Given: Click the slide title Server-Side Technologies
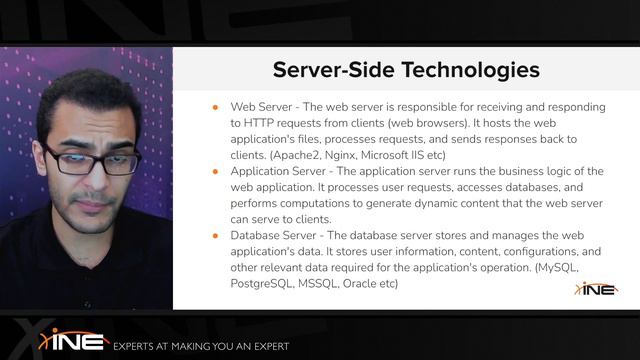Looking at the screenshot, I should click(406, 70).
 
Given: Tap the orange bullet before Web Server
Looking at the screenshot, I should click(216, 107).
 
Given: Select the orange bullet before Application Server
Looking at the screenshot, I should click(216, 171).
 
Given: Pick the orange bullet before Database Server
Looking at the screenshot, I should click(216, 235).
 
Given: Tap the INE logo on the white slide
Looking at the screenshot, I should click(595, 288).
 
